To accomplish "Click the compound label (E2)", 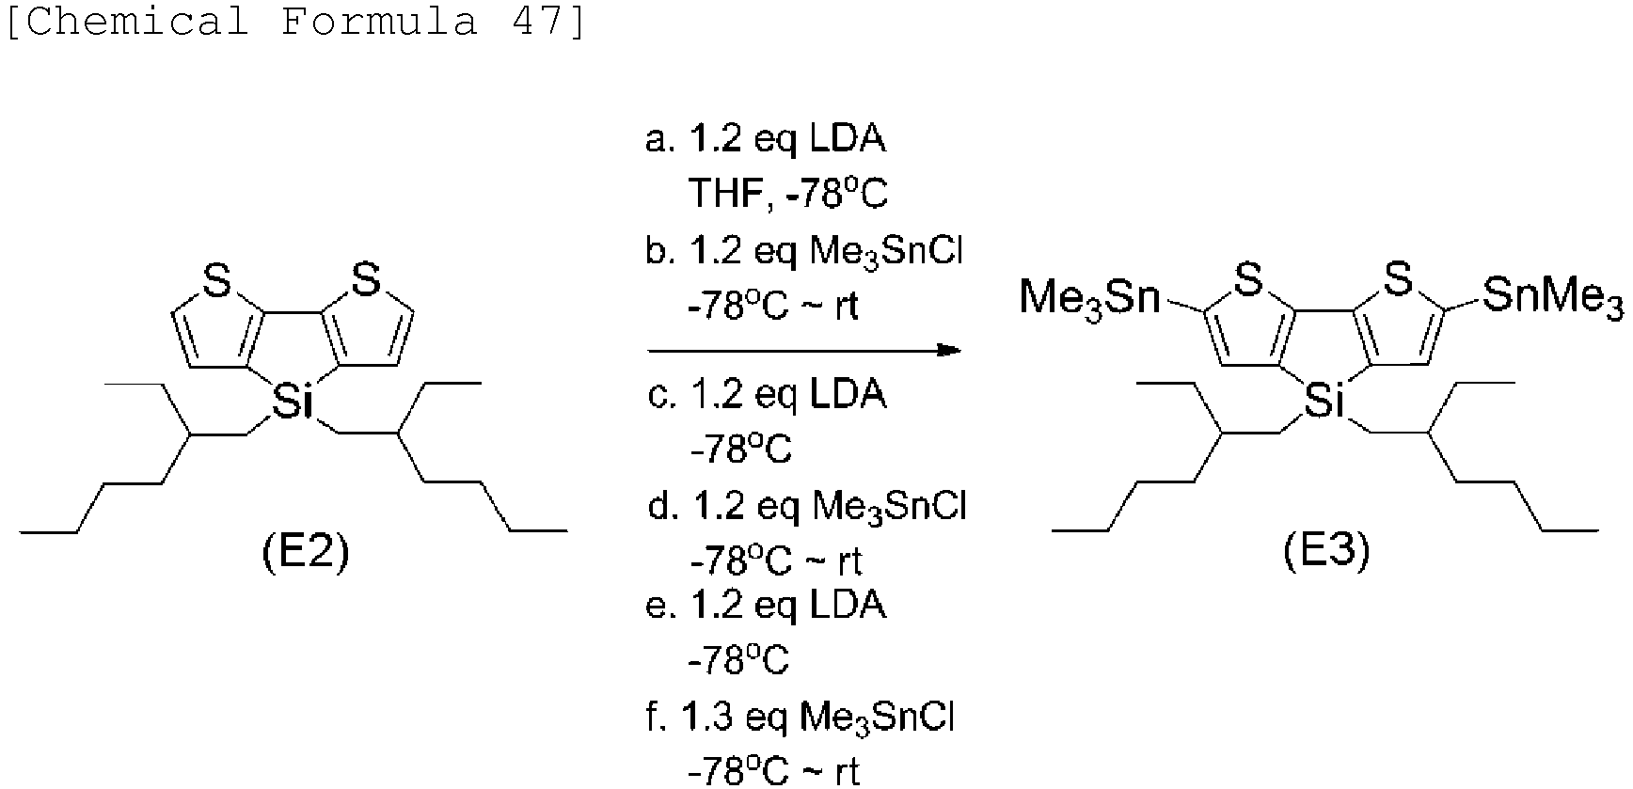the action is (305, 554).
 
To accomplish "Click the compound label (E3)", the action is (1326, 552).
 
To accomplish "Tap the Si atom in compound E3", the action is (1324, 402).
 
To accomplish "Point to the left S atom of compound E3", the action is (1247, 279).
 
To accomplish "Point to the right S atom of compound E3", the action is (1398, 279).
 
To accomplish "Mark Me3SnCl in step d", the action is (889, 508).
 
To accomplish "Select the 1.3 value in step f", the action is (706, 719).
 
